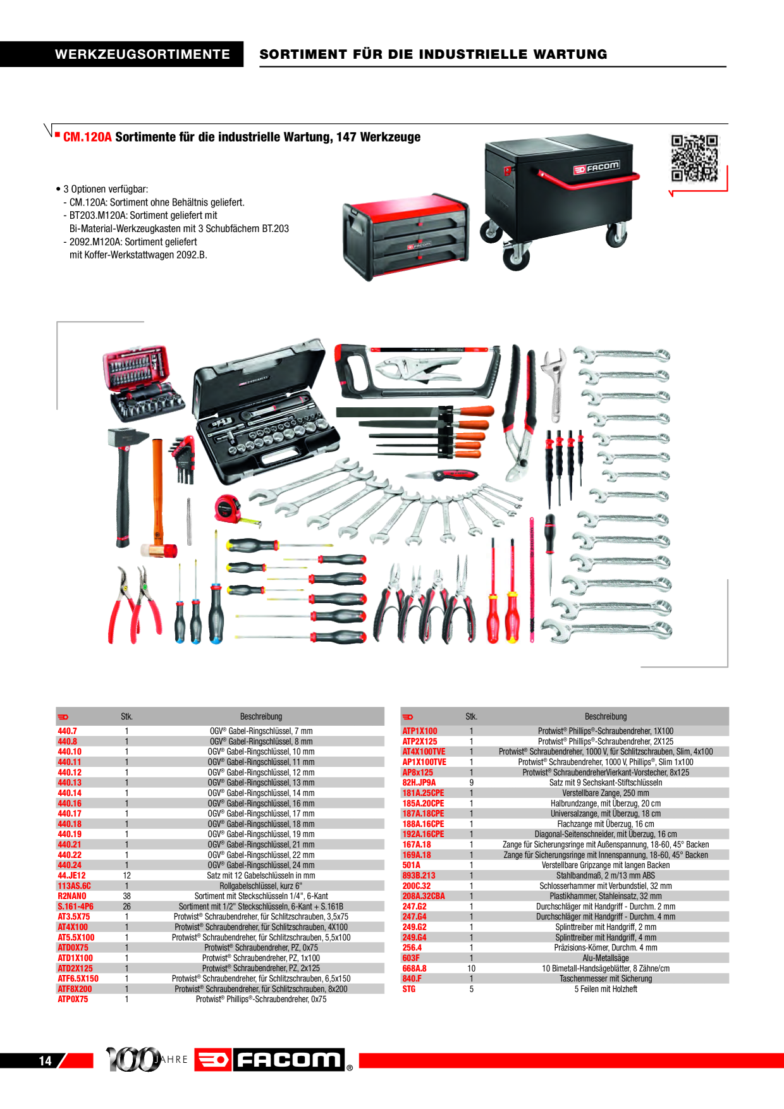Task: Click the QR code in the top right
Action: [694, 158]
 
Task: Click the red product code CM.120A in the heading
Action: [87, 137]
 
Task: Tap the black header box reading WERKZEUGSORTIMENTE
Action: [142, 54]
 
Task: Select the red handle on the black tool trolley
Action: [588, 180]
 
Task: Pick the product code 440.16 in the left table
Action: [70, 804]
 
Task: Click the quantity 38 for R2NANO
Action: [126, 897]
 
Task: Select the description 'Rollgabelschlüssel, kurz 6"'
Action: [260, 886]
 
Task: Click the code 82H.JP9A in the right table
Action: [419, 783]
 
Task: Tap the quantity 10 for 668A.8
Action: [471, 969]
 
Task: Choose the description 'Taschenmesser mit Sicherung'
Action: [605, 979]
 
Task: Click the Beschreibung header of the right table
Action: [605, 717]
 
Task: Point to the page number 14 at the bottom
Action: [45, 1061]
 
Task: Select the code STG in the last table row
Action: [409, 989]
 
